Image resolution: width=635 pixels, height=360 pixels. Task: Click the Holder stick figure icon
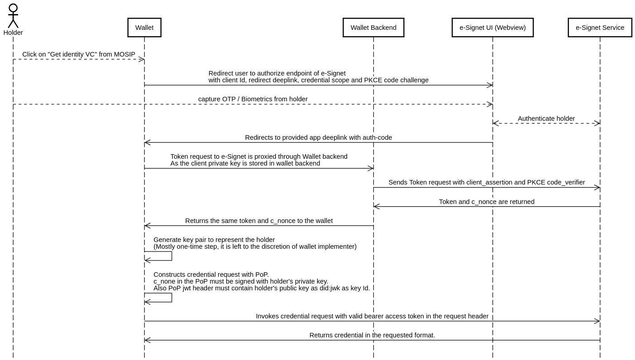13,16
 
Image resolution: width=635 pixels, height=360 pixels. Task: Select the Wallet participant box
144,28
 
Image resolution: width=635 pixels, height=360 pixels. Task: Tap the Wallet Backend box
373,28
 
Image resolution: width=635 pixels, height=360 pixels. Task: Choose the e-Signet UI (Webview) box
492,28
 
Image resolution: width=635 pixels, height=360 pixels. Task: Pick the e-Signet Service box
600,28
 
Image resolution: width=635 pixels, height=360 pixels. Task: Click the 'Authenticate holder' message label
546,118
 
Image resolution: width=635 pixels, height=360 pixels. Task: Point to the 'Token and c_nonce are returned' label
487,202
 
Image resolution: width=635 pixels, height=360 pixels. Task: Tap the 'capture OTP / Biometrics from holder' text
253,99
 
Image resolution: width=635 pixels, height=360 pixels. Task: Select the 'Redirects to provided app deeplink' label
319,137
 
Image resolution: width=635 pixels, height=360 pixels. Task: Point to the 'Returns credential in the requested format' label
372,335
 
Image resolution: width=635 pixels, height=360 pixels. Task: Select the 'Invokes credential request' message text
372,316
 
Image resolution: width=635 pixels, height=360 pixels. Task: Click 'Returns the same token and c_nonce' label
259,221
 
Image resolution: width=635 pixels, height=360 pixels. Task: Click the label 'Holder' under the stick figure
13,33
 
